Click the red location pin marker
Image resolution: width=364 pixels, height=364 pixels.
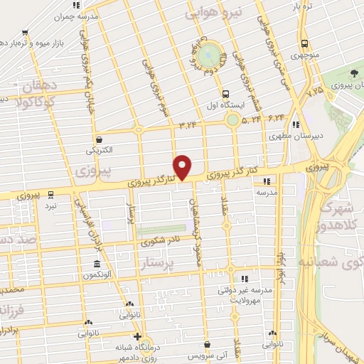tap(183, 166)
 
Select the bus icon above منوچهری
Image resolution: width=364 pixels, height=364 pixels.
tap(304, 43)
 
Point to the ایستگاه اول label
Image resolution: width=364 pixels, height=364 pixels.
tap(225, 104)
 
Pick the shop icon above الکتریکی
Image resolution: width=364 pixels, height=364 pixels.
tap(99, 140)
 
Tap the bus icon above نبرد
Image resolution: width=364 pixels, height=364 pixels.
tap(50, 194)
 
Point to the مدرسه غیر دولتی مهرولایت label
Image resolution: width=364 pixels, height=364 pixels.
tap(245, 294)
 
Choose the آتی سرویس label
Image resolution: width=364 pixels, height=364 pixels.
tap(207, 354)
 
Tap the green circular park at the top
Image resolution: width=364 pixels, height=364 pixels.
tap(210, 55)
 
